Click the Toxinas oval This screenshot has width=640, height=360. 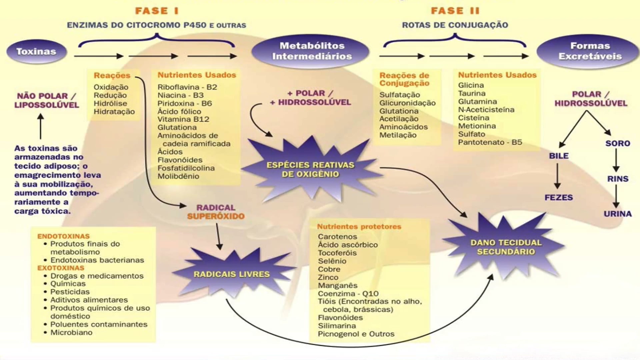tap(36, 52)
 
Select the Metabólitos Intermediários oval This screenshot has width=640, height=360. tap(312, 51)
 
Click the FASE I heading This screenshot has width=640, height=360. tap(157, 11)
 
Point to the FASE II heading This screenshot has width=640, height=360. tap(455, 11)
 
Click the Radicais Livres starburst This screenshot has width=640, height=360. tap(232, 274)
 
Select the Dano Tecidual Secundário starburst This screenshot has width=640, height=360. tap(506, 247)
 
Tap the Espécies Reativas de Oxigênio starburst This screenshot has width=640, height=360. tap(310, 169)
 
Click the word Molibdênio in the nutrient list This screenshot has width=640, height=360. tap(178, 176)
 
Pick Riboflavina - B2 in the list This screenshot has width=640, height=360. tap(187, 87)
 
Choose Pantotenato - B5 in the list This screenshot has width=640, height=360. tap(490, 142)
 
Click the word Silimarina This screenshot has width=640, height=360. tap(337, 326)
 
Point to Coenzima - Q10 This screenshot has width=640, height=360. tap(348, 294)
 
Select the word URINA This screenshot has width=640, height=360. tap(617, 214)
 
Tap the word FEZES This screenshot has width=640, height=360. tap(559, 198)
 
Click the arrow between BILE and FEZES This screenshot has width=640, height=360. tap(557, 176)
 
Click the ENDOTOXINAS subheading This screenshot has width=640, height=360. tap(63, 236)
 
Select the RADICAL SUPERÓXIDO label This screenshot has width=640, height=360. tap(216, 212)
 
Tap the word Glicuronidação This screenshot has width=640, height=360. tap(407, 103)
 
